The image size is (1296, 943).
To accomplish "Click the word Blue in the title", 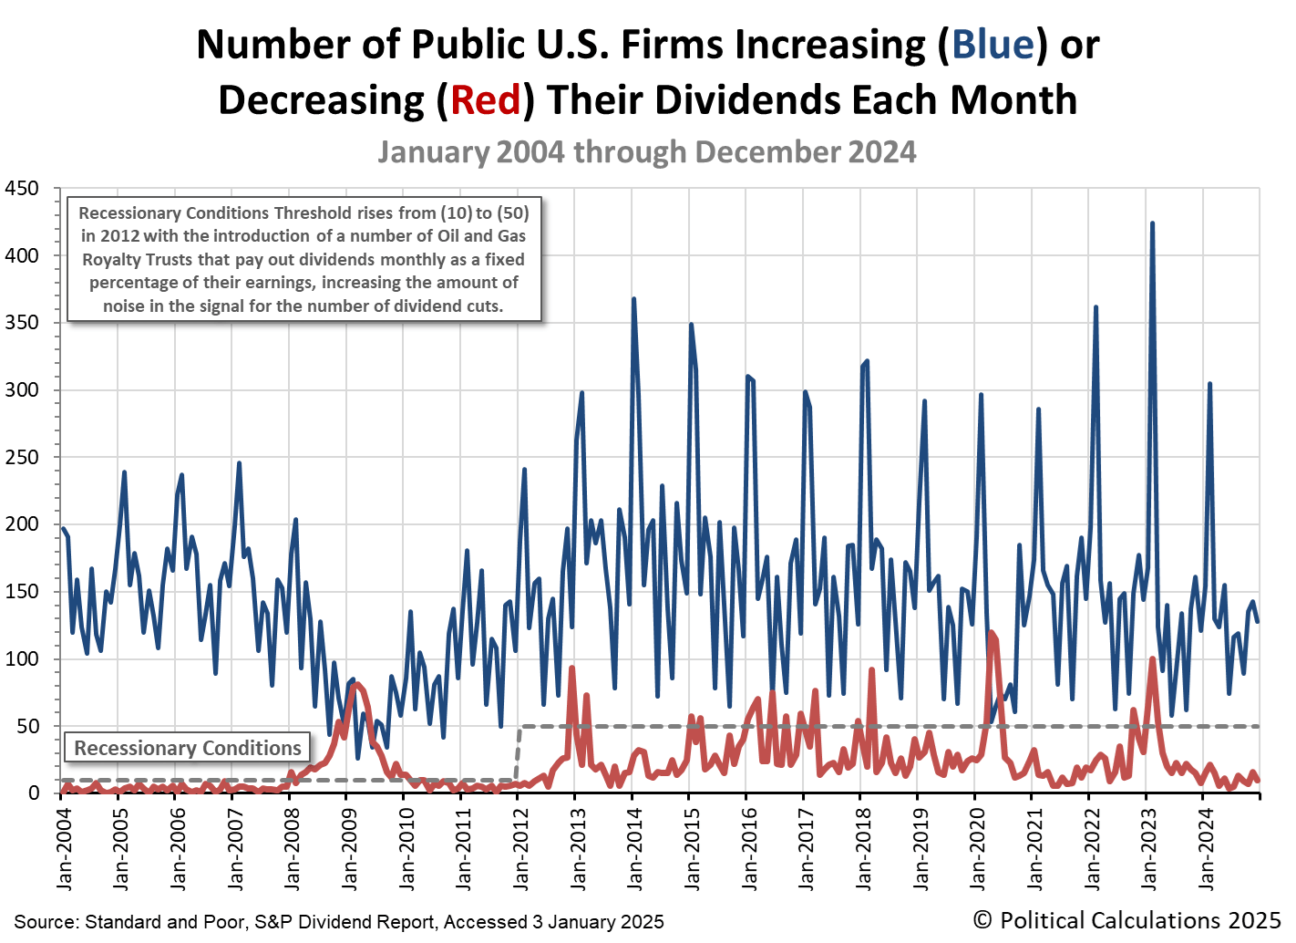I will click(x=993, y=44).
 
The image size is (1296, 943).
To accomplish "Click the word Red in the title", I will click(x=485, y=99).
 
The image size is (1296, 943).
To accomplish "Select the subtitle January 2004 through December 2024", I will click(x=647, y=151).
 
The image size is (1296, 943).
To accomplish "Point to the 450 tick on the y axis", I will click(x=22, y=189).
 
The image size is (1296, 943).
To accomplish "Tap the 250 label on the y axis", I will click(x=22, y=458).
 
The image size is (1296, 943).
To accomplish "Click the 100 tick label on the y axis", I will click(x=22, y=659).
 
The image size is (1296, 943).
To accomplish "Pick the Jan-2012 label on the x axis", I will click(x=519, y=848).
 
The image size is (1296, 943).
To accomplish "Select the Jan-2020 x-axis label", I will click(x=977, y=848).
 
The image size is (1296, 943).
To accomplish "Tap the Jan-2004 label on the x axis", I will click(x=63, y=848).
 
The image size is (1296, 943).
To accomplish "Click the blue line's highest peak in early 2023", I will click(x=1152, y=223).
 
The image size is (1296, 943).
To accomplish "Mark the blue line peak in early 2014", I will click(x=633, y=299).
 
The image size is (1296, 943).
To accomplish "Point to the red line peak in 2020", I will click(x=991, y=632).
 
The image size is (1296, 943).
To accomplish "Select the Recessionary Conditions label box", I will click(x=188, y=748).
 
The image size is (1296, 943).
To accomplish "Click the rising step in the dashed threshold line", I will click(x=519, y=753).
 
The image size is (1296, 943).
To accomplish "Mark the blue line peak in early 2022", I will click(x=1095, y=307).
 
